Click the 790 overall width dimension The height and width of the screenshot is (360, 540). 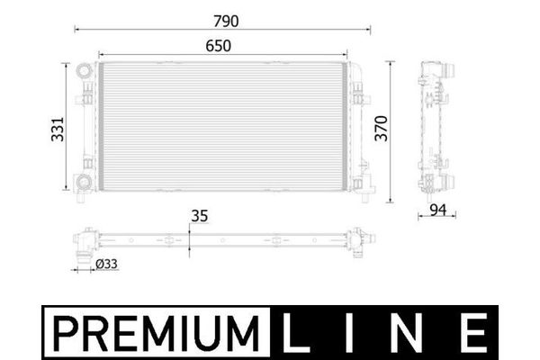pos(226,22)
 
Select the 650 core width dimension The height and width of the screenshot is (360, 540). pos(219,46)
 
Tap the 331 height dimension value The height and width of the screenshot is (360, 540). pos(58,130)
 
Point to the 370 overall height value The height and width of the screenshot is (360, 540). pos(382,129)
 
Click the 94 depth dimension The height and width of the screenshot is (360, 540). pos(438,210)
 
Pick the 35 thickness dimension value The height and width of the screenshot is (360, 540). pos(200,216)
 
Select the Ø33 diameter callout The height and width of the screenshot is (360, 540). pos(106,265)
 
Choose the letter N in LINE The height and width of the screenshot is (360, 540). pos(407,333)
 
